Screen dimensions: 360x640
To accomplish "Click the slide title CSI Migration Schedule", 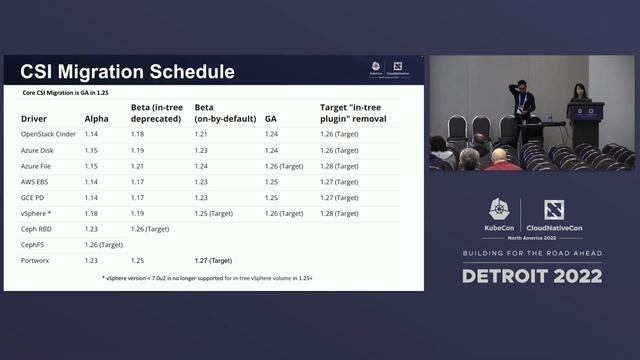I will point(128,72).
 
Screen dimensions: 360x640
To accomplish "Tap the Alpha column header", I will point(98,118).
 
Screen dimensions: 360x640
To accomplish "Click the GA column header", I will point(271,118).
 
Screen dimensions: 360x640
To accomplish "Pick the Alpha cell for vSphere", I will point(91,213).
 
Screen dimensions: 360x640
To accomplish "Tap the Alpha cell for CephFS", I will point(104,244).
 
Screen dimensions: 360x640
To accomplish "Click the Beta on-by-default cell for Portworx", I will point(213,260).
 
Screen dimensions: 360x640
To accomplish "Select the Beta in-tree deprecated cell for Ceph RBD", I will point(151,229).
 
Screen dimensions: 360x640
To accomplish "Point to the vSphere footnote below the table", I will point(213,277).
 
